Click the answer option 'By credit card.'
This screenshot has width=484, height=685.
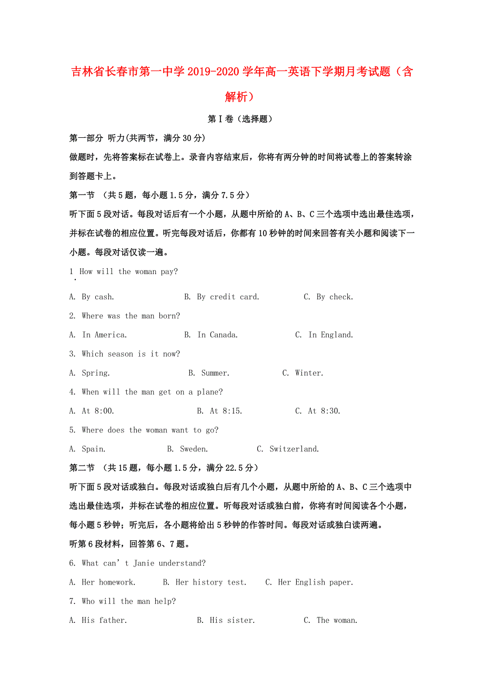coord(228,297)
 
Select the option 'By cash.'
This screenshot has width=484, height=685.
coord(98,297)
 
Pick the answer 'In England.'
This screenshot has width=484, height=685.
coord(330,335)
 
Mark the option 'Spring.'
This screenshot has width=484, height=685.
coord(96,373)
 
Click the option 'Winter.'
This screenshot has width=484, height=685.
coord(309,373)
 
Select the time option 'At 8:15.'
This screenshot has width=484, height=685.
coord(226,411)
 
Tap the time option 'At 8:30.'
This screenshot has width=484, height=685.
coord(324,411)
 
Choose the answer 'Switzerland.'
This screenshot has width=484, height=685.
coord(294,449)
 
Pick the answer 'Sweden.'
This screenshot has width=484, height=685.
coord(194,449)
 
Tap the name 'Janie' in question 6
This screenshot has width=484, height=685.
coord(144,563)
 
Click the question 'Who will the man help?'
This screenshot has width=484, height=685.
coord(128,601)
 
